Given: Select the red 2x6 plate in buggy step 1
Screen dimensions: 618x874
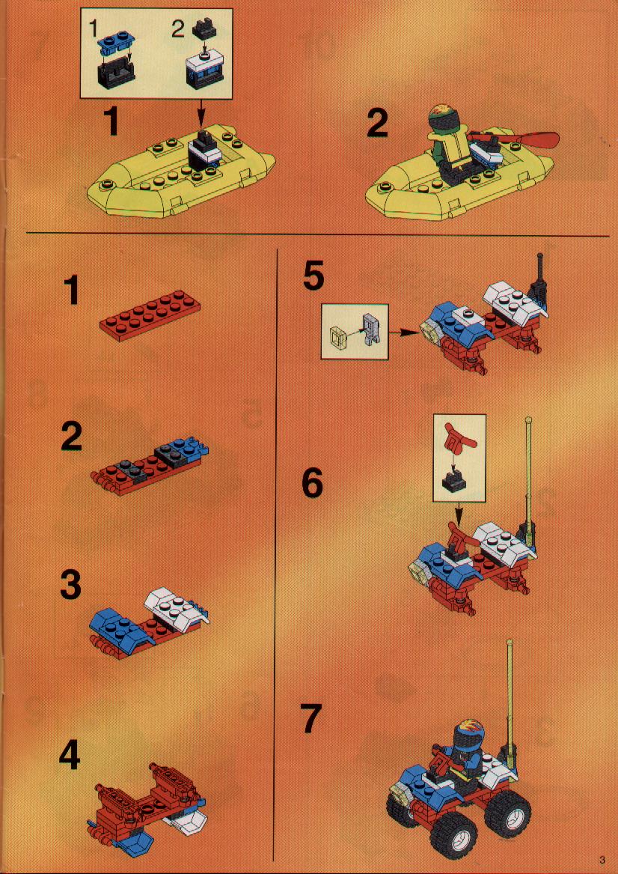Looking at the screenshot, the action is pyautogui.click(x=150, y=315).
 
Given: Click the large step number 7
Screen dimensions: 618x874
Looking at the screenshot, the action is pyautogui.click(x=310, y=717).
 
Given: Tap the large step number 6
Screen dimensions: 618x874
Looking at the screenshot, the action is pyautogui.click(x=312, y=483).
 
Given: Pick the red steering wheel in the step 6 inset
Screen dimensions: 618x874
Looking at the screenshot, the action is pyautogui.click(x=460, y=437).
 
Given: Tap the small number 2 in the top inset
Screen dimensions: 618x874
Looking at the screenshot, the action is pyautogui.click(x=177, y=28).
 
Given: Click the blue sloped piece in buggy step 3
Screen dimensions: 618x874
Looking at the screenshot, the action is pyautogui.click(x=121, y=625).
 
